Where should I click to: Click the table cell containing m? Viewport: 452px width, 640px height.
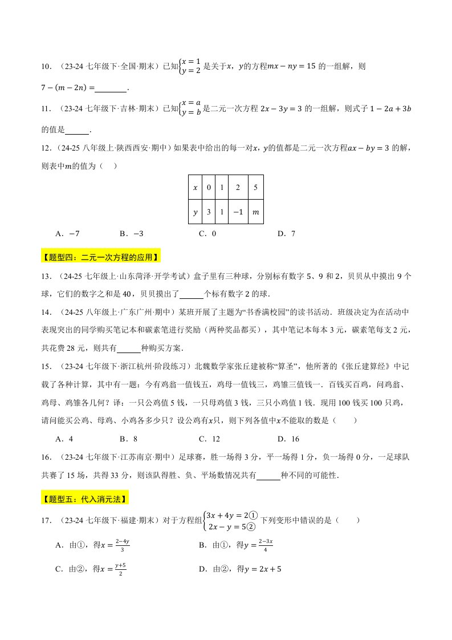pyautogui.click(x=255, y=213)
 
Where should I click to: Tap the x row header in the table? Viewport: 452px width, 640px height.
pyautogui.click(x=196, y=188)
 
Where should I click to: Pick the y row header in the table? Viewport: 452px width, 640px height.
pyautogui.click(x=196, y=213)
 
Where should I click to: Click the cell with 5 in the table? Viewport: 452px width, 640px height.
pyautogui.click(x=255, y=188)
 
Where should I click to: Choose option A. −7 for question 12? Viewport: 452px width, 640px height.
pyautogui.click(x=67, y=233)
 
